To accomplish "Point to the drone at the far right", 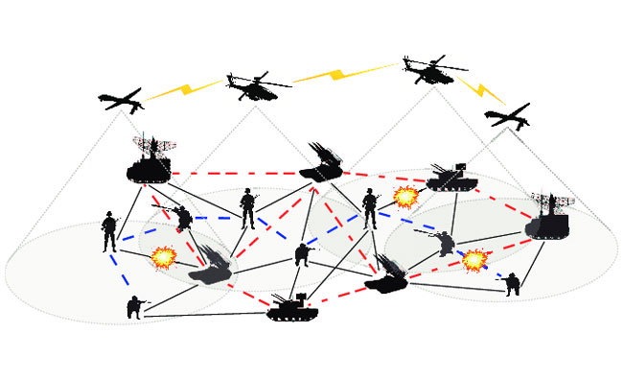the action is (x=507, y=116).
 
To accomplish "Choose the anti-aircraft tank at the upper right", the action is (x=446, y=176).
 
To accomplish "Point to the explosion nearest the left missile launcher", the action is (x=164, y=256).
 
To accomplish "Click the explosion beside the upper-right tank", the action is (x=405, y=199).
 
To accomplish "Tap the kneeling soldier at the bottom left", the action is (x=133, y=307).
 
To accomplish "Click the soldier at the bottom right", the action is (x=513, y=283).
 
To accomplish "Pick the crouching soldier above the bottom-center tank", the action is (x=302, y=253).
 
